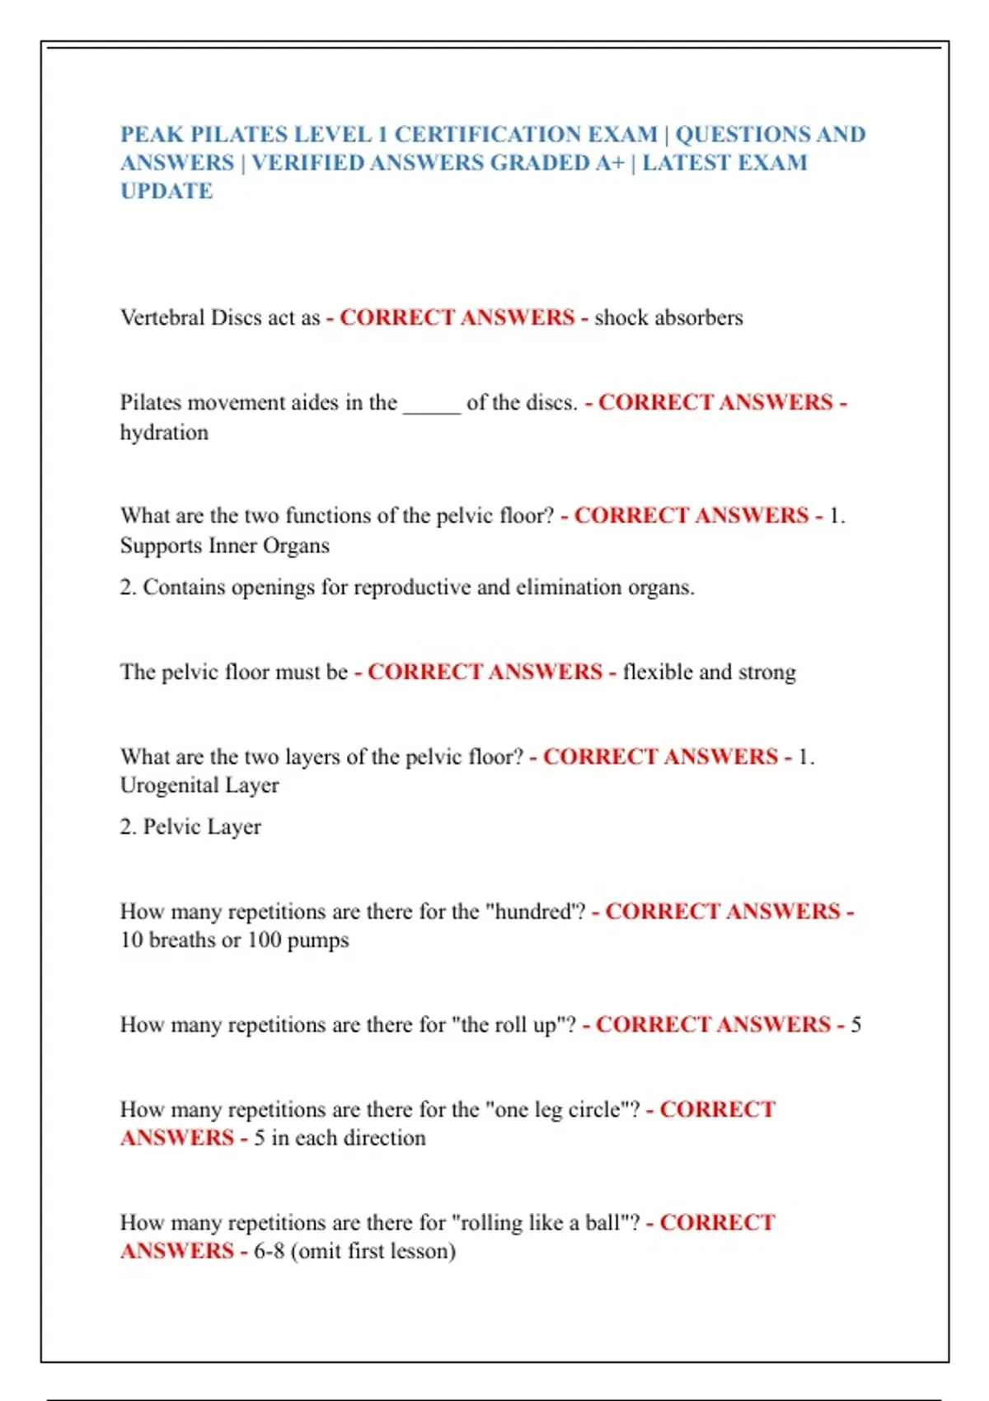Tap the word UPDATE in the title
coord(166,191)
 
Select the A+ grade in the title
coord(610,163)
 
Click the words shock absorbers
coord(668,318)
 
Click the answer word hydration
coord(164,433)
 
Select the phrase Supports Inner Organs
coord(225,546)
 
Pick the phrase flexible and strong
coord(710,672)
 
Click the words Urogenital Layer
coord(199,785)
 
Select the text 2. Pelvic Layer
coord(190,827)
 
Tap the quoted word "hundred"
coord(536,911)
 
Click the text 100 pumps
coord(298,940)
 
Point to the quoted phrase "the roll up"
coord(513,1024)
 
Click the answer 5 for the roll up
coord(855,1024)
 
